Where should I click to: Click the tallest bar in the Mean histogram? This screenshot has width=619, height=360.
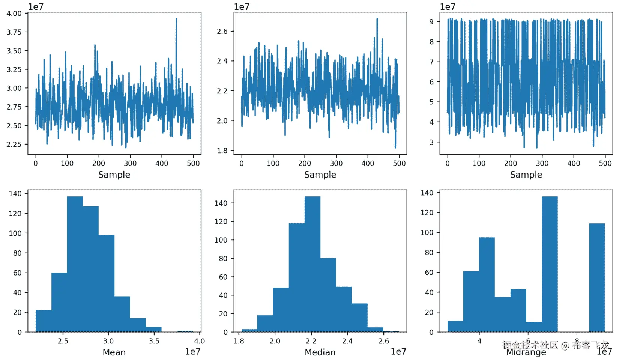75,263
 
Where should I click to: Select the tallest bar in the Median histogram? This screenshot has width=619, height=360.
312,263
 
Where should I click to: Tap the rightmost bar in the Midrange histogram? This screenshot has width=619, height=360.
597,278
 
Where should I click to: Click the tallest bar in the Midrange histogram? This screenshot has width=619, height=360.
550,263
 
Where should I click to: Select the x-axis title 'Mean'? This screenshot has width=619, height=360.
114,352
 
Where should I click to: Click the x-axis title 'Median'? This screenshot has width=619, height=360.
320,352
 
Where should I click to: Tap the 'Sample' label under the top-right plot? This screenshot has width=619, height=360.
526,175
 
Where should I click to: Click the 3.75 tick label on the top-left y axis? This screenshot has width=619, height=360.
14,32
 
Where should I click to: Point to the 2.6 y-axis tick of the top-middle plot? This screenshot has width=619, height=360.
222,31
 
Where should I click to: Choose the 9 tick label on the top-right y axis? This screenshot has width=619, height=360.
431,22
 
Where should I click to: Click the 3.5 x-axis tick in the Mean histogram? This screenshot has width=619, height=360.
154,341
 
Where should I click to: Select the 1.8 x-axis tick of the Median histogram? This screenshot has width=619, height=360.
239,341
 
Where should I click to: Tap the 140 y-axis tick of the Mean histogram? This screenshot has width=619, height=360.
15,194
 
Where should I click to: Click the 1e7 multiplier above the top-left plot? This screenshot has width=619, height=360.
36,7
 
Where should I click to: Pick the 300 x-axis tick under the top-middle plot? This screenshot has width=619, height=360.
336,163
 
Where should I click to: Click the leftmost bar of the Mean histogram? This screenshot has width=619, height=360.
44,321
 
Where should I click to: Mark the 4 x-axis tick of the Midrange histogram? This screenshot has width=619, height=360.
479,341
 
